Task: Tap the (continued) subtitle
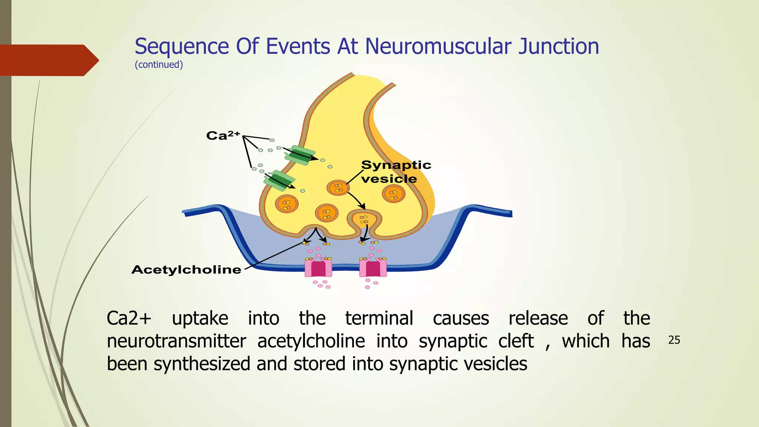[159, 65]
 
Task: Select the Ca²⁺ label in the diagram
[223, 135]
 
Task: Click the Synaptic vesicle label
[395, 172]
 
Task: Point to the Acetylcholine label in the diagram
[186, 269]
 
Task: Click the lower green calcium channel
[279, 180]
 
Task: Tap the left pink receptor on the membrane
[318, 268]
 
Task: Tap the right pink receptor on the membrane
[373, 268]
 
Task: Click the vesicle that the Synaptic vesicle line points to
[338, 188]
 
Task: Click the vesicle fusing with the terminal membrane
[364, 220]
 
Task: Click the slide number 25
[674, 340]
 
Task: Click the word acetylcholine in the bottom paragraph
[311, 341]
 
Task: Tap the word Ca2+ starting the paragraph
[129, 318]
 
